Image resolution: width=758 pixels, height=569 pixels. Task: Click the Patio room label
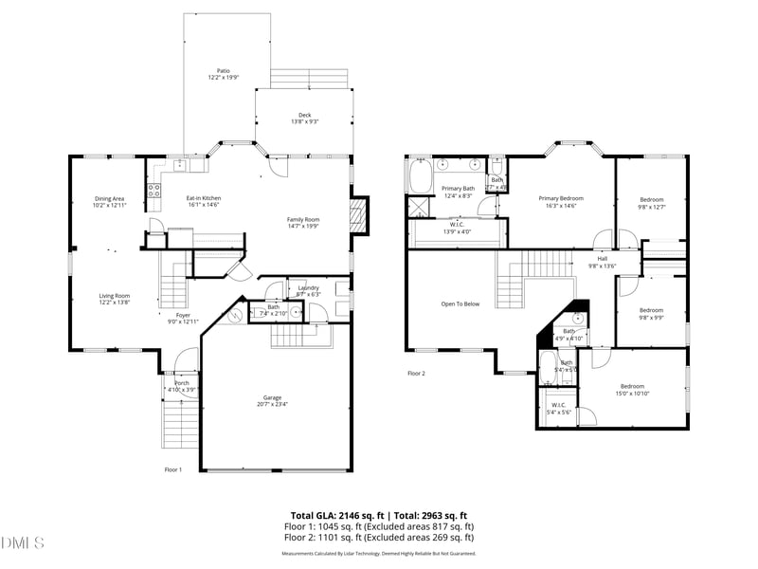224,70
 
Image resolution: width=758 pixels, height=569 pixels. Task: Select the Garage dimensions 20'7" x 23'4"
273,404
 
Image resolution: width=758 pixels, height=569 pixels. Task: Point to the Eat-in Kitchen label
204,197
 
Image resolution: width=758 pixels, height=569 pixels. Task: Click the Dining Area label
109,198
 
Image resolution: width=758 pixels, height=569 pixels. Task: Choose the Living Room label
115,296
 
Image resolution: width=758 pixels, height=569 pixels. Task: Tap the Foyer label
183,315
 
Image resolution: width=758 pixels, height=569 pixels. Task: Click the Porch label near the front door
181,382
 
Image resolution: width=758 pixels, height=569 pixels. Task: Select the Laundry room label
309,287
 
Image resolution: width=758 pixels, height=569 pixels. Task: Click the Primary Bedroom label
561,198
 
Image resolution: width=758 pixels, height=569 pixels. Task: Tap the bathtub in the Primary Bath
421,176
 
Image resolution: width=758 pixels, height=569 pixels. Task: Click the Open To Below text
460,304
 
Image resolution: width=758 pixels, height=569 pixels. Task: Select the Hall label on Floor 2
603,258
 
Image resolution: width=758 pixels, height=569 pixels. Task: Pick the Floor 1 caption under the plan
172,469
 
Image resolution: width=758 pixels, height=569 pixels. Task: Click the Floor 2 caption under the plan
416,374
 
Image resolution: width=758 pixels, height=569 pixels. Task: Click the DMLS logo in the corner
23,543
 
